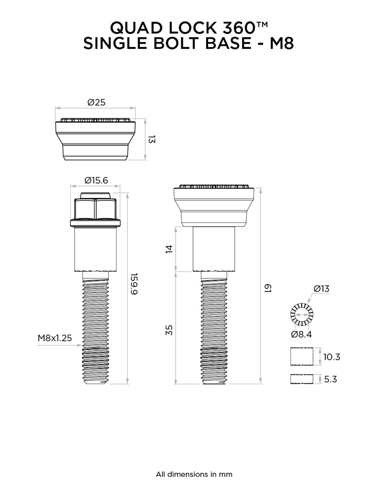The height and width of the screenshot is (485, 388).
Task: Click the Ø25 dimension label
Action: tap(96, 102)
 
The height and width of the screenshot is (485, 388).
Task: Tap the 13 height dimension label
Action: tap(152, 139)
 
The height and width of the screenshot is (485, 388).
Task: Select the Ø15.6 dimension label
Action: tap(96, 180)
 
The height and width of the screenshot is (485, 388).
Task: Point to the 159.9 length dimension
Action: tap(134, 284)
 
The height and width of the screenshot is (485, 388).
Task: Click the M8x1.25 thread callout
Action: tap(55, 338)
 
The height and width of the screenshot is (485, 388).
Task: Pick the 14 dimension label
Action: tap(169, 249)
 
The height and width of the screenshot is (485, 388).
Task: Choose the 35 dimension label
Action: tap(169, 330)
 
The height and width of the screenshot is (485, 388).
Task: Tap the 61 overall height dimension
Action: tap(267, 289)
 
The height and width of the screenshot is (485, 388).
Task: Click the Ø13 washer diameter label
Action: tap(322, 289)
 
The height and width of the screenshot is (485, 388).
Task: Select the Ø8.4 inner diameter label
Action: tap(301, 334)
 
